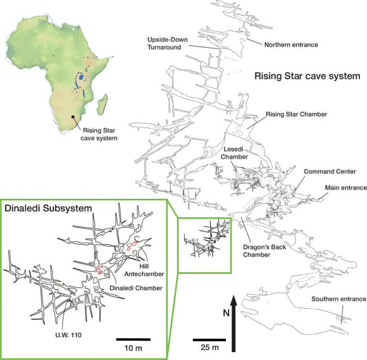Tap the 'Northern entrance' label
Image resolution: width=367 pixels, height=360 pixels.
coord(291,44)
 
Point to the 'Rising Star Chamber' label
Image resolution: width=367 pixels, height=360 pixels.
coord(296,114)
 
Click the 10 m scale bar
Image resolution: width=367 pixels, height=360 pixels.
coord(133,339)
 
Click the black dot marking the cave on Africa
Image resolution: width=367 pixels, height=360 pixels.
coord(73,116)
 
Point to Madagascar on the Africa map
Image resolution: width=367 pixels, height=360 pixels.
coord(101,104)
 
